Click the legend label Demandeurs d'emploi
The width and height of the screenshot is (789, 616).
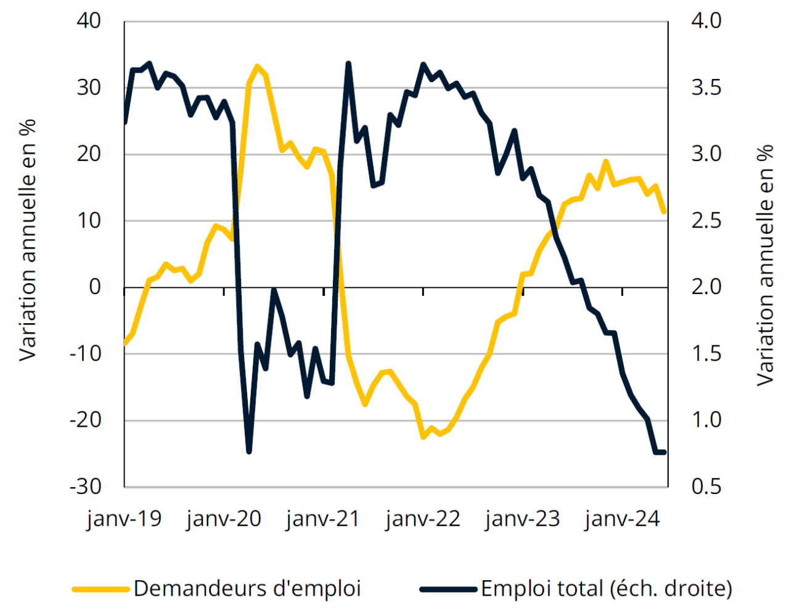[x=247, y=588]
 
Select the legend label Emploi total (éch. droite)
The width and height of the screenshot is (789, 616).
[x=607, y=588]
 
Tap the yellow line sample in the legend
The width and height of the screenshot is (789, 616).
[x=100, y=589]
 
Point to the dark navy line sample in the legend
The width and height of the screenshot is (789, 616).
[x=448, y=589]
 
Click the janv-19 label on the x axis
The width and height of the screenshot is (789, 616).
[x=124, y=519]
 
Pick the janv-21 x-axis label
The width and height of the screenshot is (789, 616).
[x=323, y=519]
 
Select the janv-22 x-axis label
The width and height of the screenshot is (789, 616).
[x=423, y=519]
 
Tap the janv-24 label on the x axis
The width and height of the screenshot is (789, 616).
[x=622, y=519]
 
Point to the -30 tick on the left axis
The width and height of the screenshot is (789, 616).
[x=86, y=487]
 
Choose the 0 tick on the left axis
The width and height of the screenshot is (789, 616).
[x=95, y=287]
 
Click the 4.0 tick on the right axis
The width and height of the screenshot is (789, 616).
[x=706, y=21]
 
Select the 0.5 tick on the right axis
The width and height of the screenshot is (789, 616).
[x=706, y=487]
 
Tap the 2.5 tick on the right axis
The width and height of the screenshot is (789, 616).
[x=706, y=220]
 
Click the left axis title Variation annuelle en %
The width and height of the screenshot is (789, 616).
[x=28, y=240]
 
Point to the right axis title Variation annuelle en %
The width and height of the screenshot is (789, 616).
[x=764, y=265]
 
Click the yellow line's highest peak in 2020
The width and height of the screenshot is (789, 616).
[x=257, y=66]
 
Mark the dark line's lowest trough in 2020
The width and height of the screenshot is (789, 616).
[x=249, y=451]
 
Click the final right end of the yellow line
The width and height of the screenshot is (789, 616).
[x=664, y=211]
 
